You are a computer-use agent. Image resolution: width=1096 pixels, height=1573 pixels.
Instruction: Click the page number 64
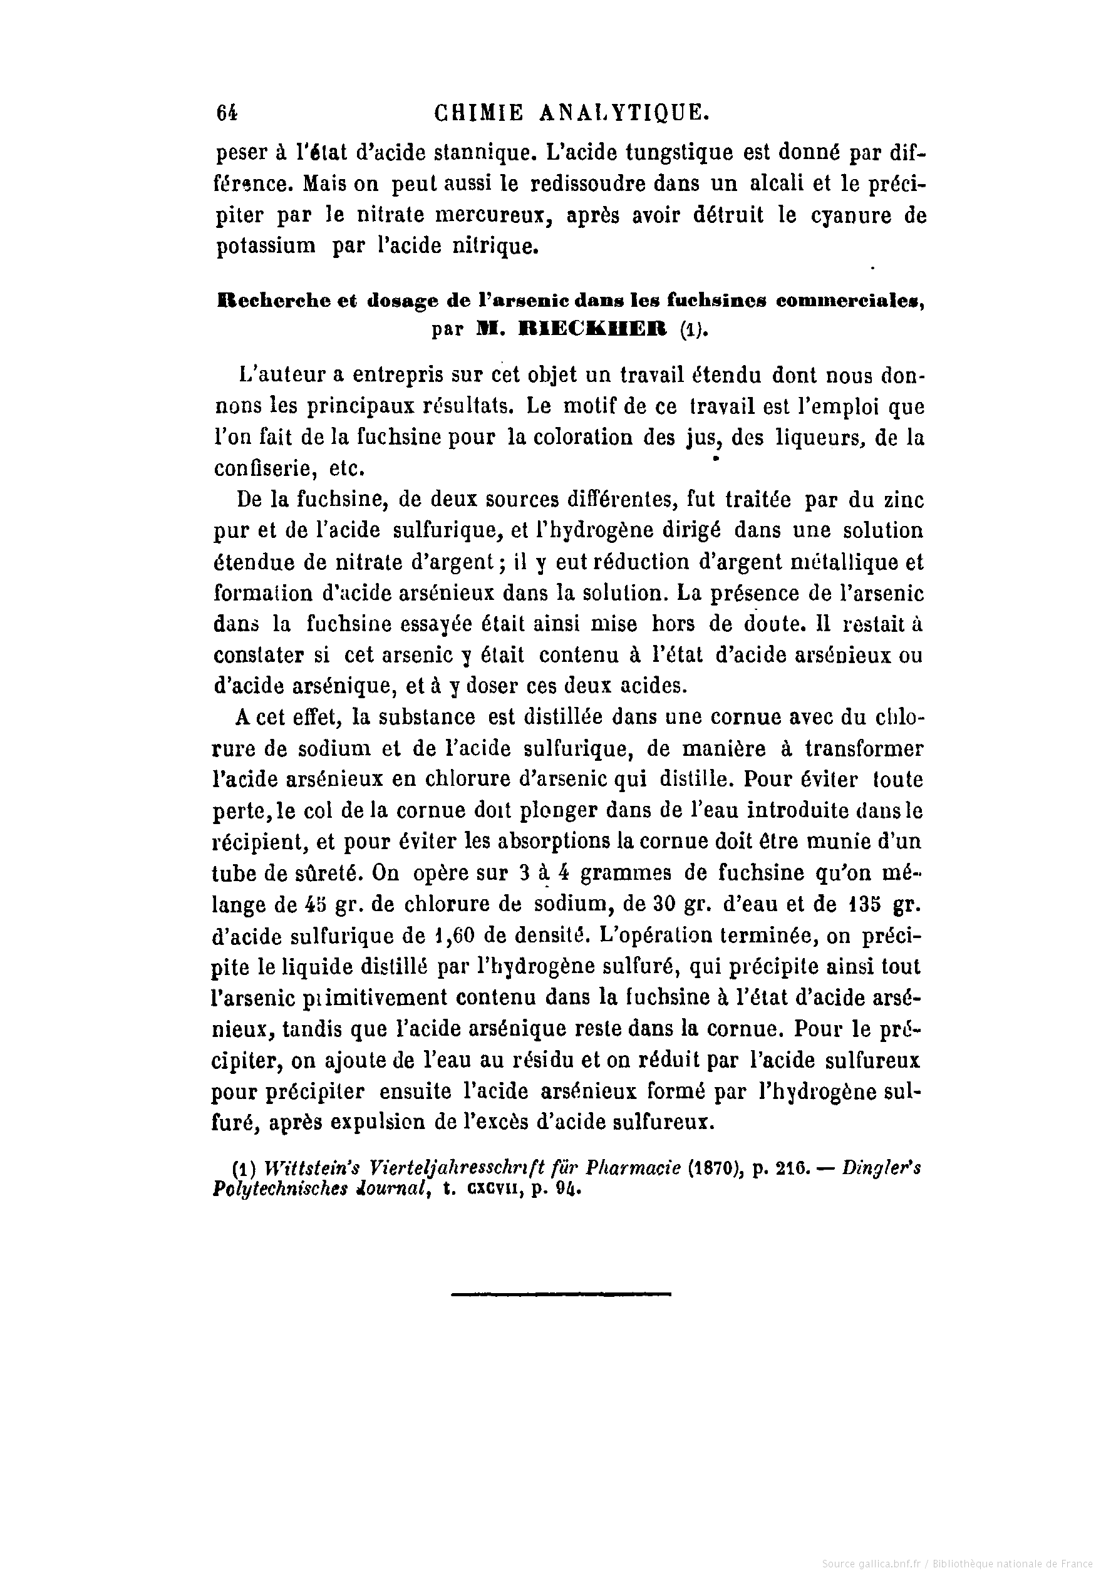coord(227,113)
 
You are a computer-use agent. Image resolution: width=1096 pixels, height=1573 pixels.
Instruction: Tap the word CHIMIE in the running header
coord(479,113)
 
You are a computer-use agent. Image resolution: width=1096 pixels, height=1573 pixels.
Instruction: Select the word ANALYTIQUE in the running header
coord(624,113)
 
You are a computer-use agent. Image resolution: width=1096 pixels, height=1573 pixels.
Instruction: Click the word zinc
coord(901,500)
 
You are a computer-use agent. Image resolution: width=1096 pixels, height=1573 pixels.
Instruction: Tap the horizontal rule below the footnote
coord(561,1294)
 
